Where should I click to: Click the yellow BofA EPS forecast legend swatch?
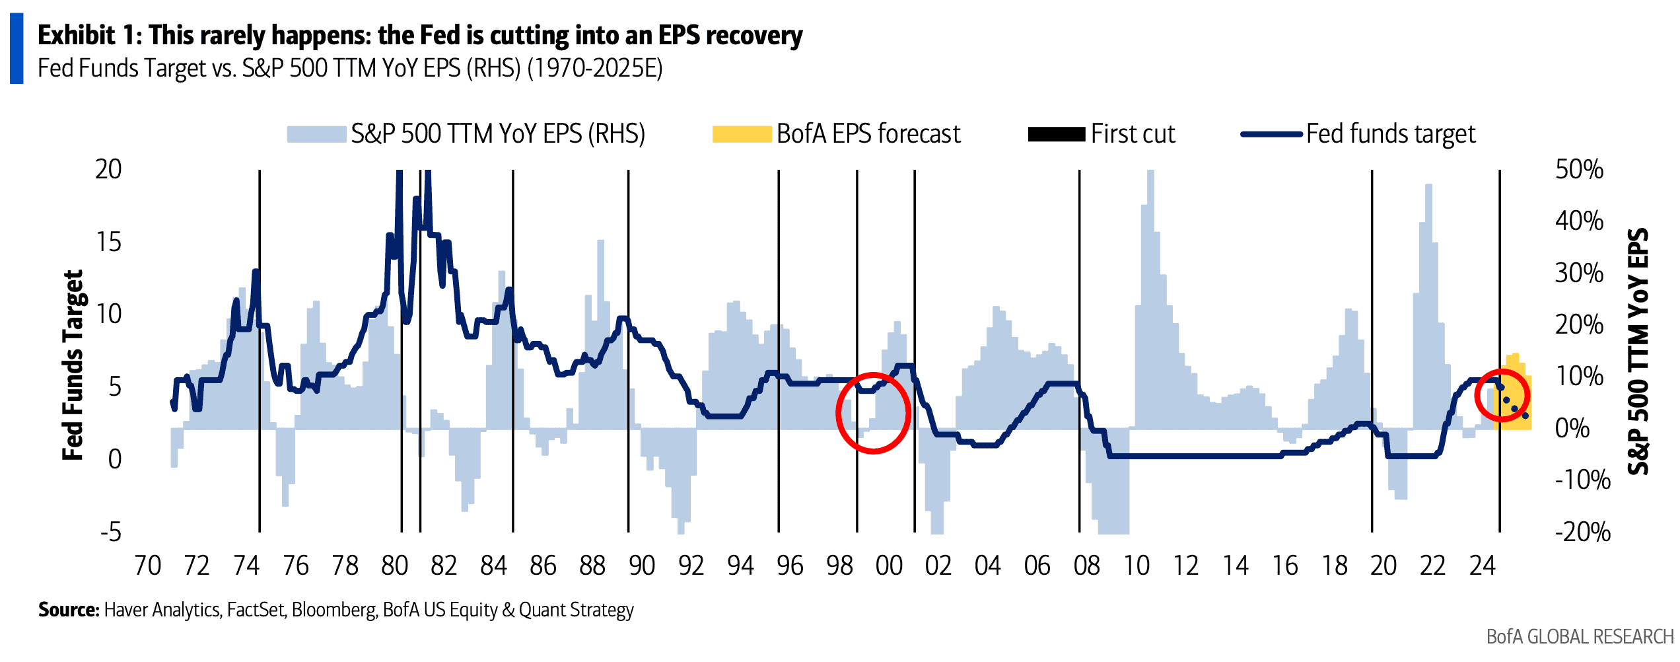pos(742,134)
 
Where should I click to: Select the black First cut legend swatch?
pos(1056,134)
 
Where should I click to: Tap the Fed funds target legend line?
pos(1271,134)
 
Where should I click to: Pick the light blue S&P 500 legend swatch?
pos(316,134)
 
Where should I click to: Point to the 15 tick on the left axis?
pos(109,242)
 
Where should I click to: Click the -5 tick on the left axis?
pos(111,532)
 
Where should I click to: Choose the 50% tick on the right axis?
pos(1579,169)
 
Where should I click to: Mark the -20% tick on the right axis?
pos(1582,532)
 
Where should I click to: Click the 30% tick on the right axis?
pos(1579,273)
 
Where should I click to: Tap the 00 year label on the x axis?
pos(889,566)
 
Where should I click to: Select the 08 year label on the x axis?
pos(1086,566)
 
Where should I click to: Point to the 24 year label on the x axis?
pos(1482,566)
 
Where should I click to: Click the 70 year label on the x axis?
pos(147,566)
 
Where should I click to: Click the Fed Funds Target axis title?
pos(73,365)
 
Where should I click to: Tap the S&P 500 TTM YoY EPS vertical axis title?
pos(1638,351)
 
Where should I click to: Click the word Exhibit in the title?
pos(76,35)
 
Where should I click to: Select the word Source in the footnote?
pos(68,609)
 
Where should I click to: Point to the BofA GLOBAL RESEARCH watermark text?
pos(1580,637)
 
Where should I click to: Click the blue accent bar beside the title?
pos(17,49)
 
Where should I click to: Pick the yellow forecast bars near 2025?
pos(1516,396)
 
